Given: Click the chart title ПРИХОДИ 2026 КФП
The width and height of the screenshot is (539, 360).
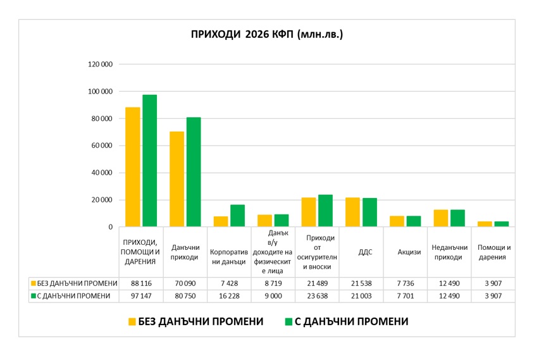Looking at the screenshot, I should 266,34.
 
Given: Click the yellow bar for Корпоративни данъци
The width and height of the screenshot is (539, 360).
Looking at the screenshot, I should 221,221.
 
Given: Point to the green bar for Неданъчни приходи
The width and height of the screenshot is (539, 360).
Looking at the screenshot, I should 457,218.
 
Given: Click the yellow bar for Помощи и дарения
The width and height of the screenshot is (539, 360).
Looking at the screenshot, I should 485,224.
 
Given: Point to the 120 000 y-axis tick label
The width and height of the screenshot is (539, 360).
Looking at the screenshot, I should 100,65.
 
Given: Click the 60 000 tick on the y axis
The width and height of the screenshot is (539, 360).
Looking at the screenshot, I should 102,146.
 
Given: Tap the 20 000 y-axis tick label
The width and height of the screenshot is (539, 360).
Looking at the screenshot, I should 102,200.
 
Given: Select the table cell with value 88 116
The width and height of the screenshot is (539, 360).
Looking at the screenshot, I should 141,283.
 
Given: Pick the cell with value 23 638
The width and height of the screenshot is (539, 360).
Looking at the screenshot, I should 317,295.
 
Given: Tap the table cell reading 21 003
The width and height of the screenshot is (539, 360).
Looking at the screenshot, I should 361,295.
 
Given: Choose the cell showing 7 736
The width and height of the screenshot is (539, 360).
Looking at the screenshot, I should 405,283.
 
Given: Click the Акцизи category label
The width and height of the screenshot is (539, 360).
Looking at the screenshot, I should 405,252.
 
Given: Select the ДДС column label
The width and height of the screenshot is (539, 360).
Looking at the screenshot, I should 361,252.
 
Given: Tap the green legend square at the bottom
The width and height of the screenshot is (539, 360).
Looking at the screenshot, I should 288,321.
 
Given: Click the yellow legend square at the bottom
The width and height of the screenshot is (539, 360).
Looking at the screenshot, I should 132,321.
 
